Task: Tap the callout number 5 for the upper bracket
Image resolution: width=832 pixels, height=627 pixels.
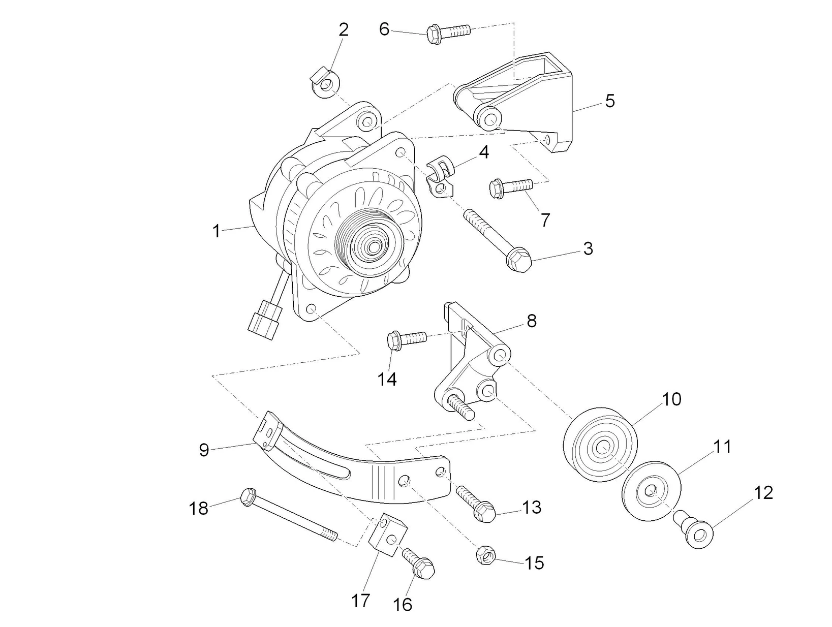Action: (x=610, y=101)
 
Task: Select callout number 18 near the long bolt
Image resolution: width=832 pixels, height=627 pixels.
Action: (x=199, y=508)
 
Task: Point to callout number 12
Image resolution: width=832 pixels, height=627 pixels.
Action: (x=762, y=492)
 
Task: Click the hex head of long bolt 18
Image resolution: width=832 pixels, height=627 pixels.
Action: (x=248, y=496)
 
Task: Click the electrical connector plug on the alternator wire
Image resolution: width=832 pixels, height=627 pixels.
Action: (x=263, y=319)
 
